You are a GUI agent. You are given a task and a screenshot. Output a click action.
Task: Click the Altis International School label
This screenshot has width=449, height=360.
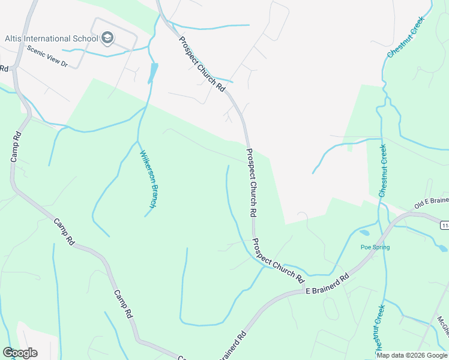click(x=51, y=39)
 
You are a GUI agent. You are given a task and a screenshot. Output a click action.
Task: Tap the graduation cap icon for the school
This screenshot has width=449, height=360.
click(x=107, y=39)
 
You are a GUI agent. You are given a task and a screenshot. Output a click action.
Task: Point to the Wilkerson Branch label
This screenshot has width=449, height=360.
click(x=148, y=179)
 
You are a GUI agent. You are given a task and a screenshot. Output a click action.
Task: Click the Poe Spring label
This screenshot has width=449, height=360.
click(x=375, y=247)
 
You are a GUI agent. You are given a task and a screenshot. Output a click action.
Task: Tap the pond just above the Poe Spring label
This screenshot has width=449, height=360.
click(x=364, y=233)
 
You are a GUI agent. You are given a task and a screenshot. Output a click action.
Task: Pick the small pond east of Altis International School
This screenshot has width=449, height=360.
click(x=154, y=73)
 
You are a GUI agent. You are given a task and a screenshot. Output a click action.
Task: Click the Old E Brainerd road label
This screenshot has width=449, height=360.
click(x=431, y=203)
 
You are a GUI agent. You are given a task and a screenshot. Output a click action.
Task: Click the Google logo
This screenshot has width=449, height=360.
click(x=20, y=353)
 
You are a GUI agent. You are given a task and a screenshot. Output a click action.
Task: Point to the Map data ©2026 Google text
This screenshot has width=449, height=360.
click(x=412, y=355)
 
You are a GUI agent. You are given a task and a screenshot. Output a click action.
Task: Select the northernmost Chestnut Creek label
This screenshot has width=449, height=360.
click(x=406, y=37)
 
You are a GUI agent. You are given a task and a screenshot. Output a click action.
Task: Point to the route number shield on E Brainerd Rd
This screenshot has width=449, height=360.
click(x=444, y=224)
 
